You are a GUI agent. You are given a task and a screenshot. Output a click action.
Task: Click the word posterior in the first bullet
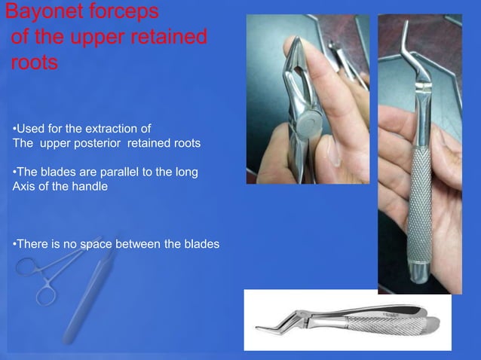(104, 144)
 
